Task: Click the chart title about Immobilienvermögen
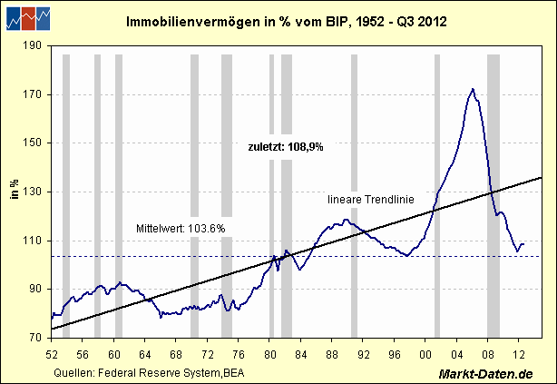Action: click(x=278, y=20)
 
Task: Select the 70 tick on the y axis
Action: click(x=36, y=338)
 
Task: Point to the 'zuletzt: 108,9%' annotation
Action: click(x=286, y=145)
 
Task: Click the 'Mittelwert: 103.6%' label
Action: click(x=181, y=227)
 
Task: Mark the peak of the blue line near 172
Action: click(x=473, y=89)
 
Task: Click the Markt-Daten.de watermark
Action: click(x=484, y=373)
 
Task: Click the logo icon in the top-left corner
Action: click(x=26, y=17)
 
